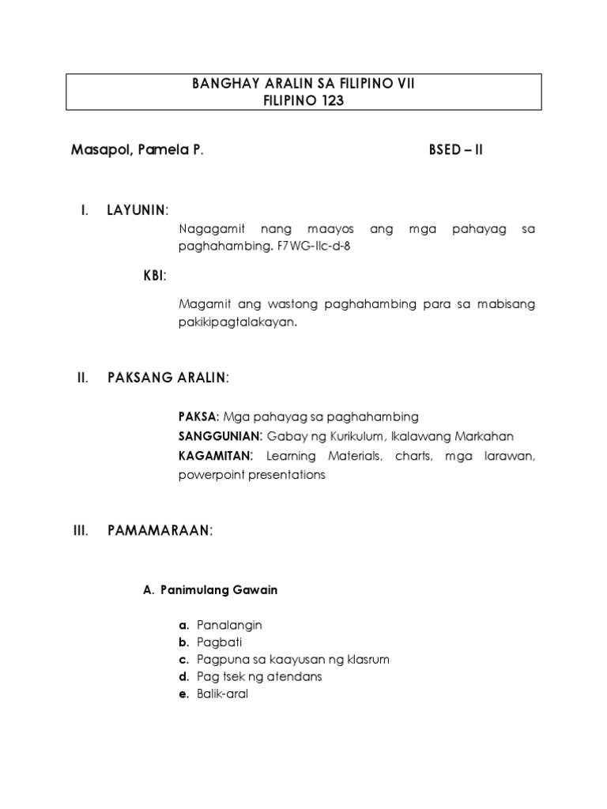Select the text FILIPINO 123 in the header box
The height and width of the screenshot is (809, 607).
(x=303, y=100)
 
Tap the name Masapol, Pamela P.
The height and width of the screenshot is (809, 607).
(x=137, y=150)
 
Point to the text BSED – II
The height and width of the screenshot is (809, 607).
(x=455, y=150)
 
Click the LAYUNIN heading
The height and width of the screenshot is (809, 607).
(x=137, y=209)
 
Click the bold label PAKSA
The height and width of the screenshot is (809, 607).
(x=198, y=416)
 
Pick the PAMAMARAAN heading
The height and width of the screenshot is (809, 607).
(x=160, y=532)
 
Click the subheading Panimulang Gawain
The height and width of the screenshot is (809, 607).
(x=218, y=589)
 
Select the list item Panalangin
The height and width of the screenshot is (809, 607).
(x=229, y=625)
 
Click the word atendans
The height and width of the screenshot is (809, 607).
(x=294, y=677)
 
